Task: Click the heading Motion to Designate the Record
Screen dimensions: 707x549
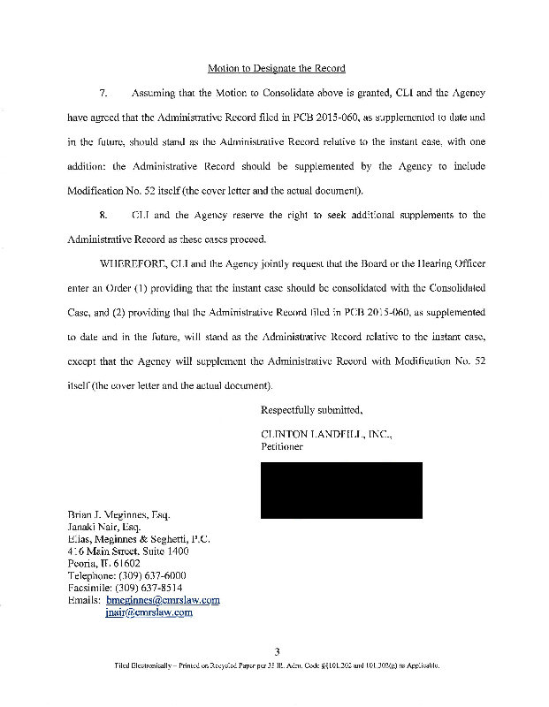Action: click(276, 68)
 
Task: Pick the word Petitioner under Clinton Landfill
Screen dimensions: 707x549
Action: click(282, 446)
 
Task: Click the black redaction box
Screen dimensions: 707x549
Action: click(340, 490)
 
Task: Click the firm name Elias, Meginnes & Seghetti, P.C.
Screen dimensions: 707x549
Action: click(139, 539)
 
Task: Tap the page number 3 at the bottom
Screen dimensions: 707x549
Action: click(277, 652)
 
